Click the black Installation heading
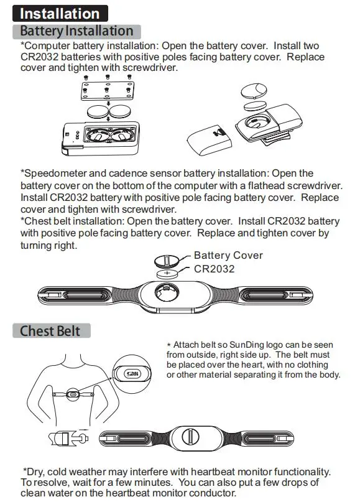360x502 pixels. pyautogui.click(x=60, y=14)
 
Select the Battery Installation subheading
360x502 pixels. pyautogui.click(x=76, y=31)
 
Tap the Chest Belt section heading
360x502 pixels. pyautogui.click(x=51, y=331)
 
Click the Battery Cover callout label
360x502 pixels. pyautogui.click(x=228, y=255)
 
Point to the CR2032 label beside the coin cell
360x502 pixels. pyautogui.click(x=214, y=269)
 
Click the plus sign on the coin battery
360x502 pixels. pyautogui.click(x=167, y=272)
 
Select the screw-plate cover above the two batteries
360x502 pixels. pyautogui.click(x=108, y=91)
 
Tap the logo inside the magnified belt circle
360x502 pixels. pyautogui.click(x=132, y=374)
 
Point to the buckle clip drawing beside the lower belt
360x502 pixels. pyautogui.click(x=68, y=439)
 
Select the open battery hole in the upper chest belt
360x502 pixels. pyautogui.click(x=167, y=292)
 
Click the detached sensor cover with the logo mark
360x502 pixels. pyautogui.click(x=211, y=141)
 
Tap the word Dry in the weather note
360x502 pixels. pyautogui.click(x=35, y=472)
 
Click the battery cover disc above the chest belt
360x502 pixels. pyautogui.click(x=167, y=261)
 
